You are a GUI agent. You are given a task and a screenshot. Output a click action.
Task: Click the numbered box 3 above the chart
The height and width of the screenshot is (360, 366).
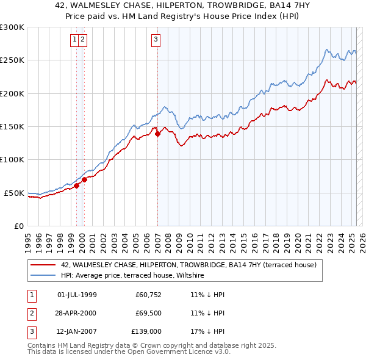click(x=156, y=40)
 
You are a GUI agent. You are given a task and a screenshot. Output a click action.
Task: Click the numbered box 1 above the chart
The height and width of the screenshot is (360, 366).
click(x=74, y=40)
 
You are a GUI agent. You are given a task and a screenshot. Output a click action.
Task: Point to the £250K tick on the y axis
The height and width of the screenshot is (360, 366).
click(x=12, y=60)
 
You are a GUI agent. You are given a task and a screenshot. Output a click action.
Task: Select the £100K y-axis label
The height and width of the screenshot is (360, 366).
click(x=12, y=159)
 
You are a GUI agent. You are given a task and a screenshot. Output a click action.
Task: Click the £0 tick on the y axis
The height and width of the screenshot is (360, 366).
click(x=18, y=226)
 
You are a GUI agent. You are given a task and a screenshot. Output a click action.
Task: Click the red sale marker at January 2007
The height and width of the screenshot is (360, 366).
click(x=157, y=134)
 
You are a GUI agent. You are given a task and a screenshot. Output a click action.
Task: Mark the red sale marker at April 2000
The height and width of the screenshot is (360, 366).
click(x=85, y=179)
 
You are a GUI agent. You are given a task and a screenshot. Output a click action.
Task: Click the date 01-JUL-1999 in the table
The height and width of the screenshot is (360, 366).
click(x=77, y=295)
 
